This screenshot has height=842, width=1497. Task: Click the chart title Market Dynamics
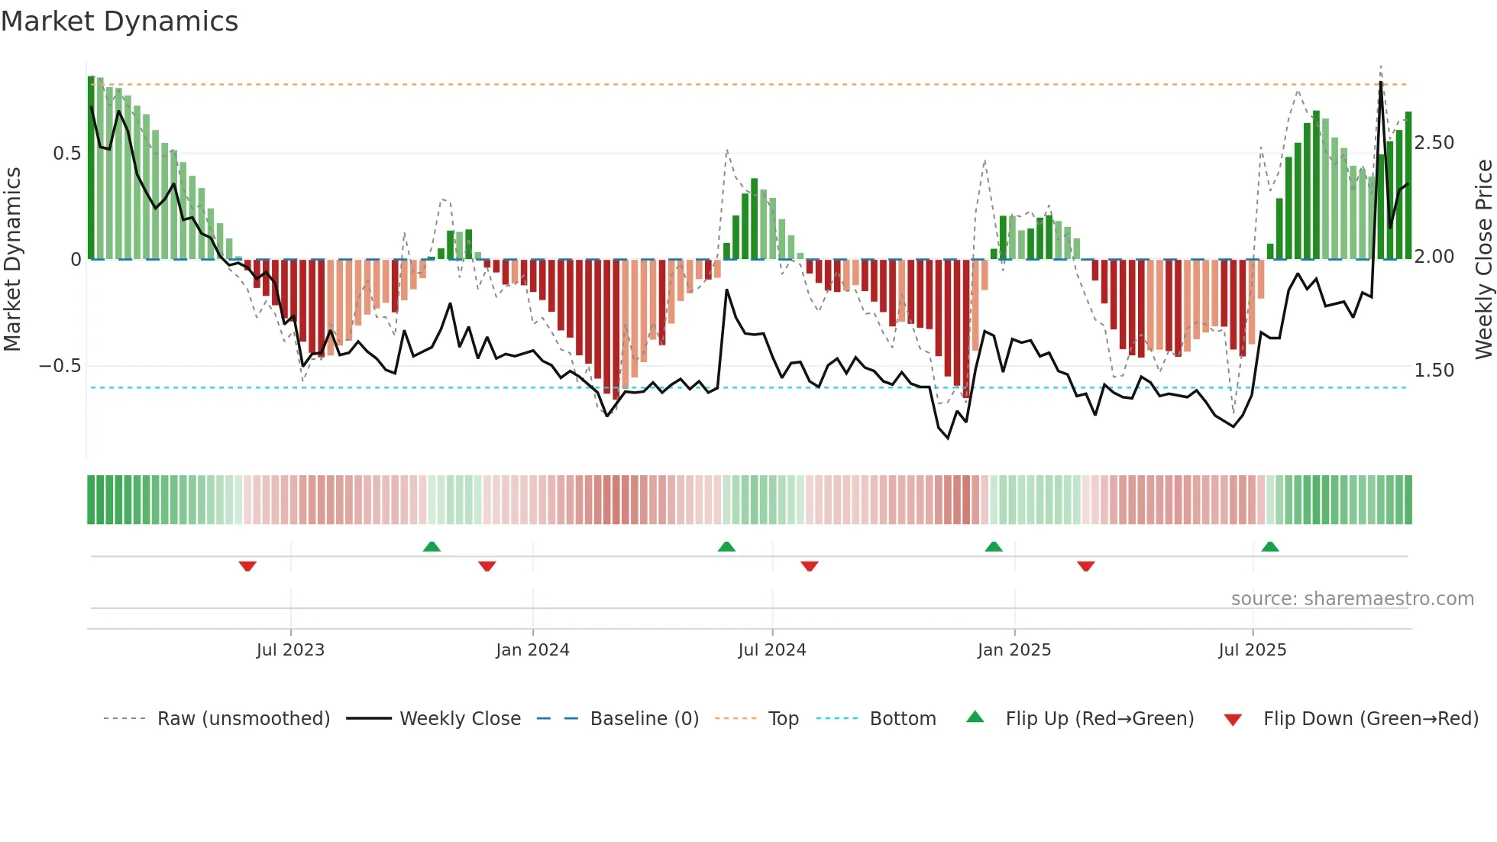click(120, 21)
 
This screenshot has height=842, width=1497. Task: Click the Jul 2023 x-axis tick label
click(290, 650)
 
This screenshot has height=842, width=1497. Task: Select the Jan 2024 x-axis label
click(532, 650)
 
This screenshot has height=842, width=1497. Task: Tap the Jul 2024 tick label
click(772, 650)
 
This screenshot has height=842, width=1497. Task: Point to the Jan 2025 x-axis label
click(1014, 650)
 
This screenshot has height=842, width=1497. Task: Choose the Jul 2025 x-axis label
click(1253, 650)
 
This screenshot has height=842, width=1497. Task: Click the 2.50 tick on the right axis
click(1434, 143)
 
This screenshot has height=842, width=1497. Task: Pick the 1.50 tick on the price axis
click(1434, 371)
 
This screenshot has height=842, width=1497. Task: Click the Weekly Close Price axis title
click(1483, 260)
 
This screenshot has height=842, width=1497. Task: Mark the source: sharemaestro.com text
click(1352, 599)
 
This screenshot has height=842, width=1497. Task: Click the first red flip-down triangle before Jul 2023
click(247, 566)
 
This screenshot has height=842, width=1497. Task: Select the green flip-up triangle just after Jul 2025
click(1270, 546)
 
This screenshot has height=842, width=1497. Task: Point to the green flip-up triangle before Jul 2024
click(726, 546)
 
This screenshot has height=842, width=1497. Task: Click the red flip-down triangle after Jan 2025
click(1086, 566)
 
